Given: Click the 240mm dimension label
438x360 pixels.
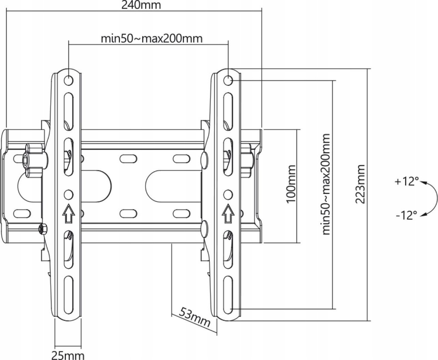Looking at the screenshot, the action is point(141,5).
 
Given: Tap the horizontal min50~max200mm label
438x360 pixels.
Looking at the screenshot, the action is point(151,39).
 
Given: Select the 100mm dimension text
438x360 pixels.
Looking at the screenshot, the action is point(291,184).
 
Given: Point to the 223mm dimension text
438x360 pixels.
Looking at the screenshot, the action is point(360,184).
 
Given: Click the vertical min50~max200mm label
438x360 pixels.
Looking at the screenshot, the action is point(326,184).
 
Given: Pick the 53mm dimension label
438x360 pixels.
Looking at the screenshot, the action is point(194,317).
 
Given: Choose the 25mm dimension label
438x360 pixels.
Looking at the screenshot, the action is point(68,355).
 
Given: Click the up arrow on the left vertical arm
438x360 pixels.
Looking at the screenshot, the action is point(68,214).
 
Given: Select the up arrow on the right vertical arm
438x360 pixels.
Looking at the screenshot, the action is point(228,214).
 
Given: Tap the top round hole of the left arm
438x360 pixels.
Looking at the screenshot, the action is point(68,80).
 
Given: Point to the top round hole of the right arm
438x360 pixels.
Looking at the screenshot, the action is point(228,80).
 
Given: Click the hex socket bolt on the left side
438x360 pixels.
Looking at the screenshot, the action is point(26,159).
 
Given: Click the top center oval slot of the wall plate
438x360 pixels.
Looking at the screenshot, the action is point(128,159).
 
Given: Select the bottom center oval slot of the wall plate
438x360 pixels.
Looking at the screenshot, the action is point(128,214).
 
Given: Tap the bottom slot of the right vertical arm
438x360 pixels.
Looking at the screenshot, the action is point(228,295).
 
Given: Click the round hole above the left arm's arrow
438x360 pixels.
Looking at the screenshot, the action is point(68,195).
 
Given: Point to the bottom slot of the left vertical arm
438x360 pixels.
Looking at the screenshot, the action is point(68,295).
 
